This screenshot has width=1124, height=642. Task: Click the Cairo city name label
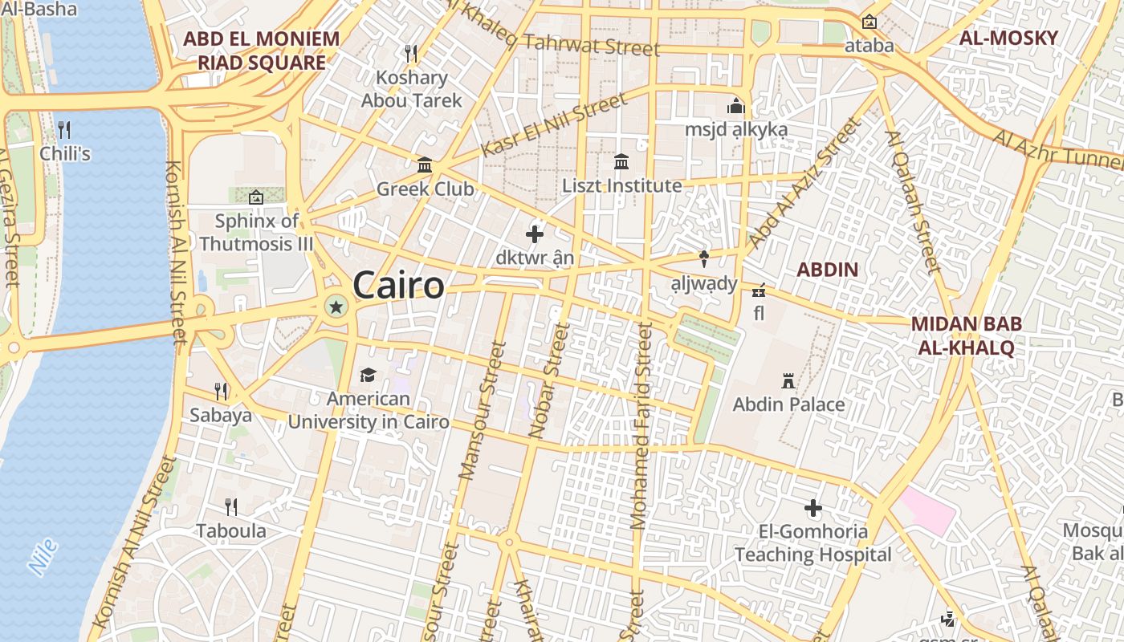click(x=398, y=286)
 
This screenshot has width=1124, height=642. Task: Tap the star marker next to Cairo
click(x=336, y=306)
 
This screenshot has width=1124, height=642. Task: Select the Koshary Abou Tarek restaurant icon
click(x=411, y=54)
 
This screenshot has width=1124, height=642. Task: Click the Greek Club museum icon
click(x=425, y=165)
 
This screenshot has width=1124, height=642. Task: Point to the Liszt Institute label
click(x=621, y=185)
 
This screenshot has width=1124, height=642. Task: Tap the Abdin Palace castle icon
click(x=788, y=380)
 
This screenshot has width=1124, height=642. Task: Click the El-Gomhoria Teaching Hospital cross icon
click(x=813, y=508)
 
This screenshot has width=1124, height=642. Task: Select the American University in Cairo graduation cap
click(x=368, y=375)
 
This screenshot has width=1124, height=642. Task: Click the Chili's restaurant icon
click(x=64, y=129)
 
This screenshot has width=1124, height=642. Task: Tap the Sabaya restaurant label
click(x=221, y=415)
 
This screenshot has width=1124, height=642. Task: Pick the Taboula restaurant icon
click(x=231, y=506)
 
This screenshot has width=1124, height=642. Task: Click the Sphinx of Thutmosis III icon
click(x=255, y=197)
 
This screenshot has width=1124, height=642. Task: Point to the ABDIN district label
click(x=827, y=270)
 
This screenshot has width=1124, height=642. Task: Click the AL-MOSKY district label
click(x=1008, y=38)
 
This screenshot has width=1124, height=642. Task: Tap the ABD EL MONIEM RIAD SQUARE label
click(x=261, y=50)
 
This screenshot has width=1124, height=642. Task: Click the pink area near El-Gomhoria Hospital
click(x=928, y=509)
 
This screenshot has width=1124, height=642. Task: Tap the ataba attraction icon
click(x=869, y=22)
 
